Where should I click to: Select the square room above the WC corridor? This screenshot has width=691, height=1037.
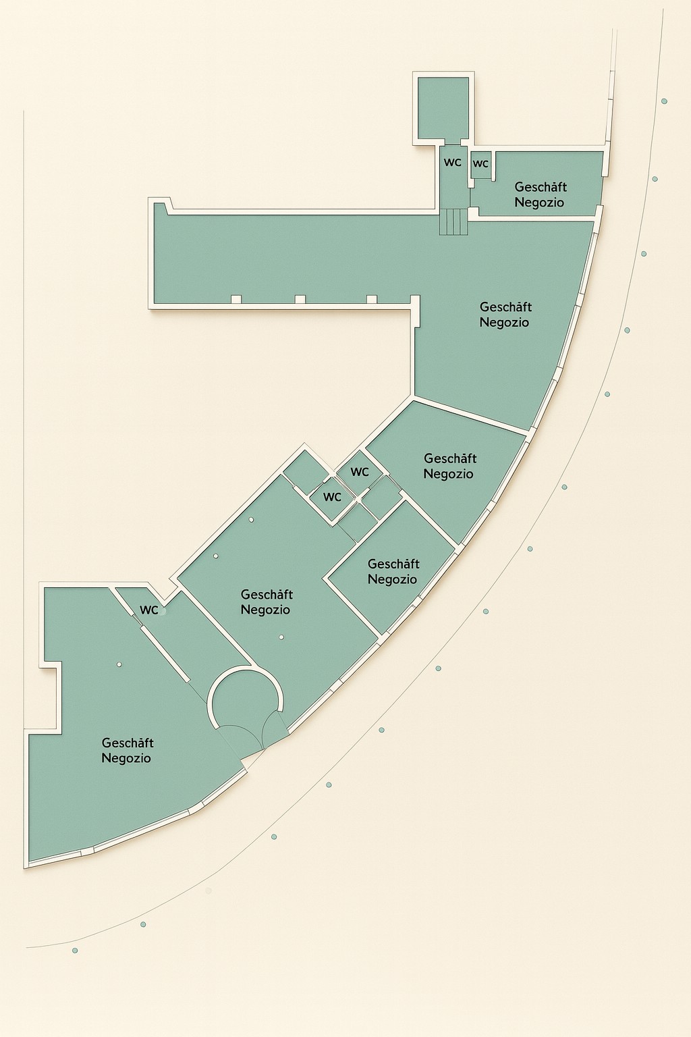tap(443, 108)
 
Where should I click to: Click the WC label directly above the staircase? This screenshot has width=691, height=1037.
tap(453, 163)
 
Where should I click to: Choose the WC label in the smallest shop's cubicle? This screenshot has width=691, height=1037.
tap(480, 164)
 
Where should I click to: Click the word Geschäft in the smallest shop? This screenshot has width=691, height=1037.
tap(541, 187)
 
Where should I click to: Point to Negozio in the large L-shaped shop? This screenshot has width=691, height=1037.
tap(504, 322)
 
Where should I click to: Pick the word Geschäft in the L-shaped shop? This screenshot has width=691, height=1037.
tap(505, 307)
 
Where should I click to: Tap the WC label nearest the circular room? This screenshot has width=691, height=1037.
tap(149, 610)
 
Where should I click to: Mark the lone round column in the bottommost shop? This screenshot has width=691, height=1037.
tap(119, 664)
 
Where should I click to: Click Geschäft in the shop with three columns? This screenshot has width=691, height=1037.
tap(267, 594)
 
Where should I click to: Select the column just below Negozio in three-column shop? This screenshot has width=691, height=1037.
tap(281, 637)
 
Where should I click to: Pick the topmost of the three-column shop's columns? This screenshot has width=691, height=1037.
tap(251, 519)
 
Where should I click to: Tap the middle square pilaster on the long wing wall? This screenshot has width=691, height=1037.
tap(300, 299)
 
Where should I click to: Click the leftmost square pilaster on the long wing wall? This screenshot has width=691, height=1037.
tap(236, 299)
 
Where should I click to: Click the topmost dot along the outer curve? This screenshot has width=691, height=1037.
tap(664, 101)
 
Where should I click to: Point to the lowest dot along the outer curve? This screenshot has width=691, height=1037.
tap(75, 951)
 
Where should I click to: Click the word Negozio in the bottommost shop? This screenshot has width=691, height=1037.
tap(126, 758)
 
